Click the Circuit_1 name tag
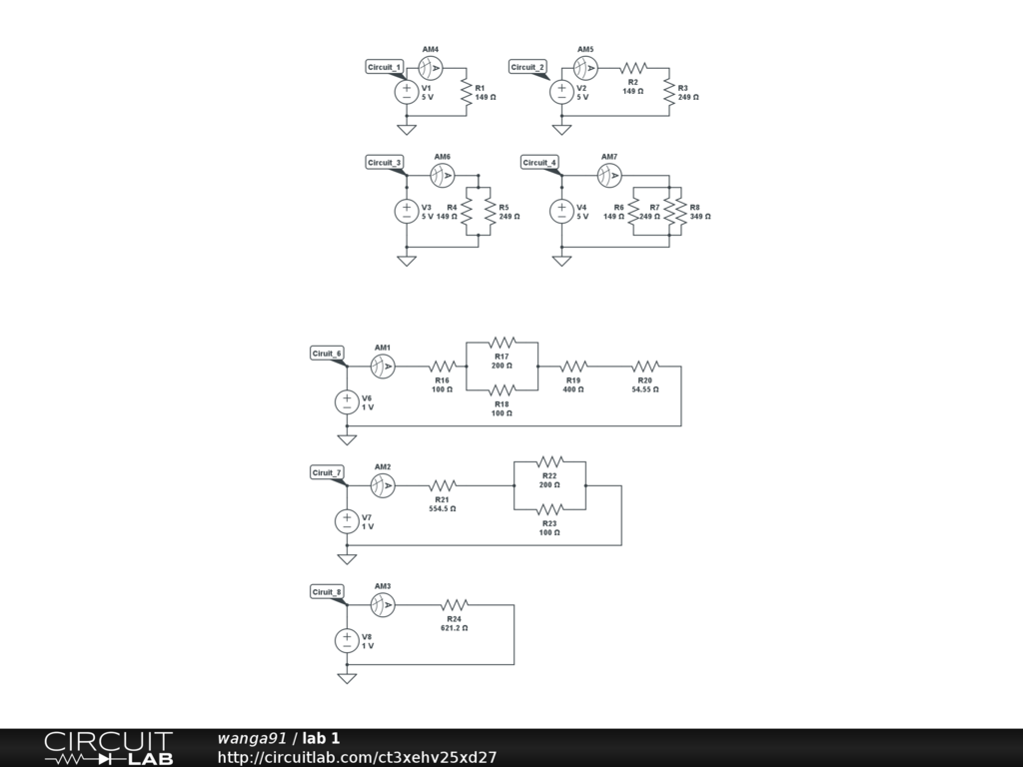tap(385, 67)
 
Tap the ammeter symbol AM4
tap(431, 68)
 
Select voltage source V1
tap(407, 92)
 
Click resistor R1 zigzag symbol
tap(467, 92)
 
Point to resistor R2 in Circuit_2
tap(633, 68)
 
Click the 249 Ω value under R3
tap(688, 98)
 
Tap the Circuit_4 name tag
tap(539, 162)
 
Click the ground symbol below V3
tap(407, 261)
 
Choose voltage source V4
tap(562, 211)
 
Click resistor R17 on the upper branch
tap(502, 343)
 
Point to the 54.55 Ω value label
tap(644, 389)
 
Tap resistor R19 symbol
tap(573, 367)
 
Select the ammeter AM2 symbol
tap(383, 486)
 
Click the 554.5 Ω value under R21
tap(442, 508)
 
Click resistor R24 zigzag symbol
tap(455, 605)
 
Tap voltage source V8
tap(347, 640)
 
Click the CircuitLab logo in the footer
tap(108, 748)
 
